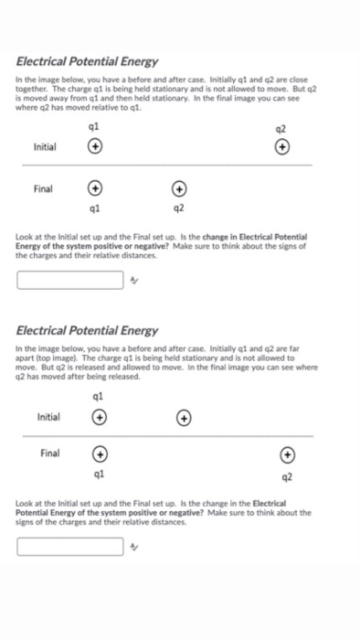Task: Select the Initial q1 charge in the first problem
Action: click(x=94, y=145)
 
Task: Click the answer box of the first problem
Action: click(x=70, y=279)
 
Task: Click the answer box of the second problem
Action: click(x=70, y=547)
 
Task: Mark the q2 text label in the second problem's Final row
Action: click(x=287, y=475)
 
